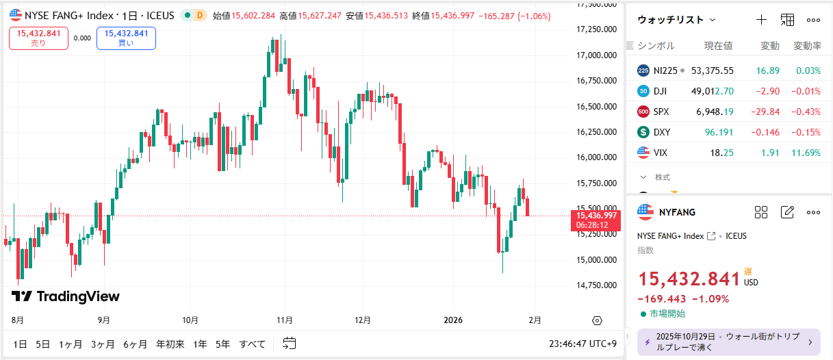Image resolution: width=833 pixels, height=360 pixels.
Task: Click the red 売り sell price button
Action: (38, 38)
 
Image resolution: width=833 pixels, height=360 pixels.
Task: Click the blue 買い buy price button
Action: (126, 38)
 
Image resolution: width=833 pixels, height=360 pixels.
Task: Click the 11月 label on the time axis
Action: (285, 320)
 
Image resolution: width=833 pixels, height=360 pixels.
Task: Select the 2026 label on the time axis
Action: (453, 320)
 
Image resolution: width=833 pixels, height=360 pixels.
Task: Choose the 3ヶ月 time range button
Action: (103, 344)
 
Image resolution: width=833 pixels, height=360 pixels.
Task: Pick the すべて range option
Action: (252, 344)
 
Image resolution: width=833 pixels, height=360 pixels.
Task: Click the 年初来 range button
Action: (170, 344)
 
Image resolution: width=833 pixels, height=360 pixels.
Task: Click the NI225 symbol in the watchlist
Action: (665, 70)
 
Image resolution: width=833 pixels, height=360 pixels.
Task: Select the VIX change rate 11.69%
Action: (808, 153)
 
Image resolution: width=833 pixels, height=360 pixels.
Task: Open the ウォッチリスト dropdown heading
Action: (676, 20)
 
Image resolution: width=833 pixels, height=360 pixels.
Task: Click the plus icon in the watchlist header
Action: (761, 20)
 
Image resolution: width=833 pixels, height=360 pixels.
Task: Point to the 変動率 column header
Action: (807, 46)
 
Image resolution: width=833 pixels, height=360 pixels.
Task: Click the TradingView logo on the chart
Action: (66, 296)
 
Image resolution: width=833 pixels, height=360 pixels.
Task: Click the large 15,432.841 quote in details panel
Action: (689, 279)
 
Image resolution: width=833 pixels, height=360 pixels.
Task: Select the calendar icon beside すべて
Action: (289, 344)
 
